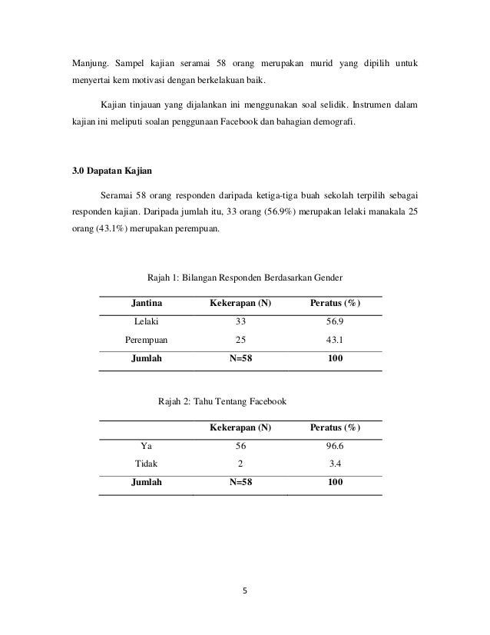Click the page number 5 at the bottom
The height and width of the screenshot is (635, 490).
click(245, 592)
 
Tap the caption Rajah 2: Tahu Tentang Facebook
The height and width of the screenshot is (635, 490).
click(221, 401)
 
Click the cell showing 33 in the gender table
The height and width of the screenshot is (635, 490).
click(240, 321)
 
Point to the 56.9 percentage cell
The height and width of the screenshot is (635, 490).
click(334, 321)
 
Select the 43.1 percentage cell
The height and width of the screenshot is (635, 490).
click(334, 340)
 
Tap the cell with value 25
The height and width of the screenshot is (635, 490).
click(240, 340)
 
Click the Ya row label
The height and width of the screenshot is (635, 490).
click(146, 445)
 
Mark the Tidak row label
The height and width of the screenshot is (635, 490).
click(146, 464)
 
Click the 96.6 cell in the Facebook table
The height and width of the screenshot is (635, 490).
click(334, 445)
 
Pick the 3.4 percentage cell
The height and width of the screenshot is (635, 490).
click(334, 464)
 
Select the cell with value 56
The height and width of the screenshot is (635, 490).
click(240, 445)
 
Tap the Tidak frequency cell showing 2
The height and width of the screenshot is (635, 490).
click(240, 464)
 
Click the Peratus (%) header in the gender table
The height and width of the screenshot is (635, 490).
click(335, 304)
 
